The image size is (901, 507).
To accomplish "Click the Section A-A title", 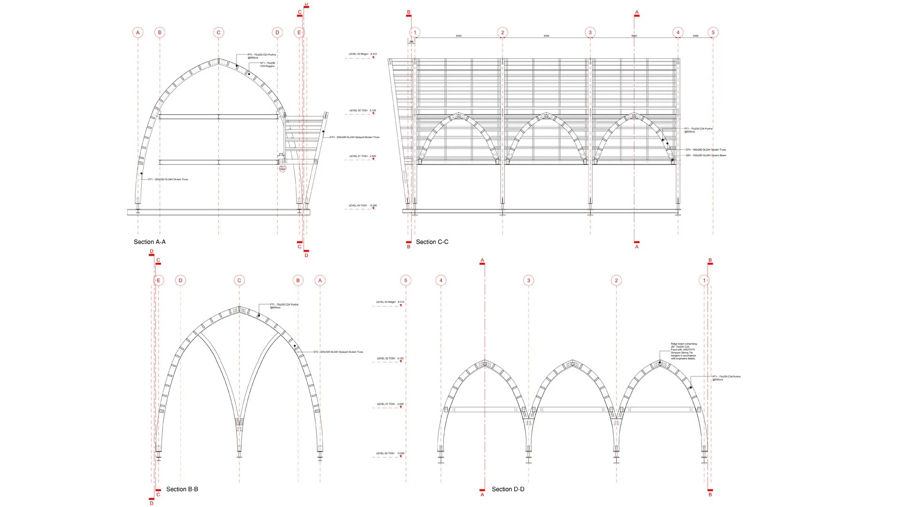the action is point(149,242).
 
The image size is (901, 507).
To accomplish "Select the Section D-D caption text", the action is point(508,489).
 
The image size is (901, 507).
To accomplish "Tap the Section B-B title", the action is point(182,489).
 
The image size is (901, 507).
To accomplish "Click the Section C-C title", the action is point(432,242).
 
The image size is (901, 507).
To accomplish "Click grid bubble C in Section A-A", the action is point(219,32).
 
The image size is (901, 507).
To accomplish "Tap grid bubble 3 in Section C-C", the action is point(590,32).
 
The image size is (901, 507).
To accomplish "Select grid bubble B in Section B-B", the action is point(298,281).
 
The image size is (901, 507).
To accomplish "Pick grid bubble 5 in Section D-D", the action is point(406,281).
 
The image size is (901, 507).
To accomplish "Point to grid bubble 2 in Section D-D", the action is point(617,281).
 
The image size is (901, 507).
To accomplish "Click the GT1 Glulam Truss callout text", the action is point(168,179).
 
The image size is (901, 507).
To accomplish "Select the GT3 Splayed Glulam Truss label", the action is point(354,138).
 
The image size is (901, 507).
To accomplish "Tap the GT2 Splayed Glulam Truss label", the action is point(338,352).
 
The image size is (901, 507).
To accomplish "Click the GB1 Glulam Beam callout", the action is point(706,155).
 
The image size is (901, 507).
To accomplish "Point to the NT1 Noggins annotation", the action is point(267,64).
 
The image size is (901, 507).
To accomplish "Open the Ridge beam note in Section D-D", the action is point(684,351).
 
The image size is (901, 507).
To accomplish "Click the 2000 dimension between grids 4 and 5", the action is point(695,36).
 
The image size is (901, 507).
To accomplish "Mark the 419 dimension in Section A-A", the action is point(281,154).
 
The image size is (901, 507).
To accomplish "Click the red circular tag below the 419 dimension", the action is point(283,168).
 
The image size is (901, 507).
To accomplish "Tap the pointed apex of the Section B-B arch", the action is point(239,308).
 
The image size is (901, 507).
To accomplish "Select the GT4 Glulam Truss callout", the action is point(706,150).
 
